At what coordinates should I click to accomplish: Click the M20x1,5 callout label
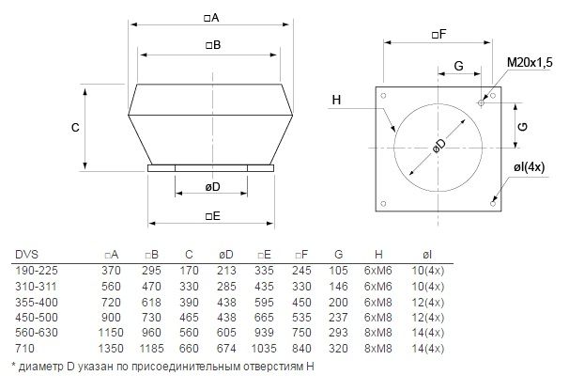pos(530,62)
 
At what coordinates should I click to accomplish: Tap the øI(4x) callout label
pos(529,167)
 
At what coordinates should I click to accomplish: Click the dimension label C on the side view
pos(75,128)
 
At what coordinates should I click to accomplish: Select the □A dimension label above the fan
pos(211,18)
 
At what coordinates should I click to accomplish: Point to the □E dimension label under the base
pos(213,216)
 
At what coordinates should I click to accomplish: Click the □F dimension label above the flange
pos(438,35)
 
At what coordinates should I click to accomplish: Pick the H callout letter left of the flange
pos(336,100)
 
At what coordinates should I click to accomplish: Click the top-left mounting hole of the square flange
pos(383,96)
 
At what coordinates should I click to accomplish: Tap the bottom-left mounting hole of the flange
pos(383,204)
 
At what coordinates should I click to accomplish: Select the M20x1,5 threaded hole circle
pos(481,103)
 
